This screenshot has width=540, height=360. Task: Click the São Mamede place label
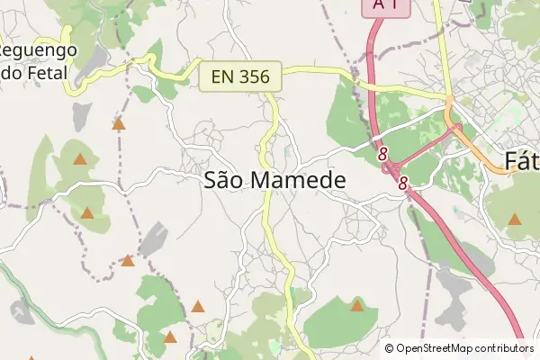(274, 180)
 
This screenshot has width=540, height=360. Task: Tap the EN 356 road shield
(240, 77)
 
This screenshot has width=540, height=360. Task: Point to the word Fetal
(45, 73)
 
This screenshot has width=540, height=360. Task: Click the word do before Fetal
(10, 73)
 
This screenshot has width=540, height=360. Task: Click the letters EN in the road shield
(223, 77)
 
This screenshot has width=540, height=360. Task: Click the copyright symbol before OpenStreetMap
(390, 348)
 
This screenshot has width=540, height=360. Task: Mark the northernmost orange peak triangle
(118, 124)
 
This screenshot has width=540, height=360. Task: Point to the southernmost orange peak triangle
(170, 337)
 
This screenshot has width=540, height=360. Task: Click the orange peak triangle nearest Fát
(515, 219)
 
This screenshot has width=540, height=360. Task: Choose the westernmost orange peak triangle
(80, 159)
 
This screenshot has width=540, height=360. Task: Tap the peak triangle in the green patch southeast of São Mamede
(357, 306)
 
